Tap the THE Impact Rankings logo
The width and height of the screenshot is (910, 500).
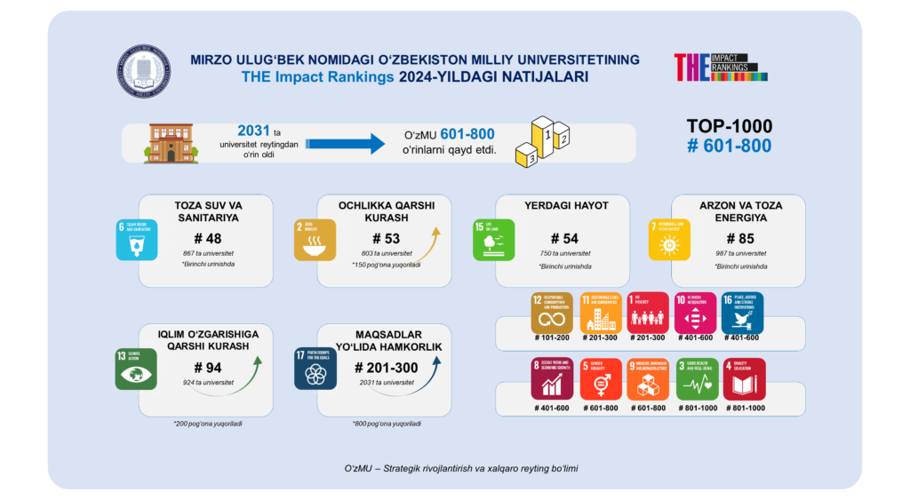(720, 67)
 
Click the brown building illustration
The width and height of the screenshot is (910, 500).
(171, 142)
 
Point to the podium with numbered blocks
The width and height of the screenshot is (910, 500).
(542, 141)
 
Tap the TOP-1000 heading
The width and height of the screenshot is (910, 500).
(730, 126)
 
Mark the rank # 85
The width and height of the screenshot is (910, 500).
(739, 238)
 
